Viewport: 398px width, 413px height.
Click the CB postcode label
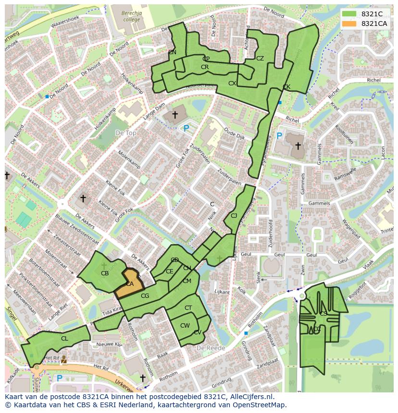pyautogui.click(x=105, y=273)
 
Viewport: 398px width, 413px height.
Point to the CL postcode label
pyautogui.click(x=64, y=338)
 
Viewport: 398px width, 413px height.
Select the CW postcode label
pyautogui.click(x=185, y=326)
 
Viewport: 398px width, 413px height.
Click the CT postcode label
pyautogui.click(x=188, y=308)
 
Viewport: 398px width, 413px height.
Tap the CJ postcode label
pyautogui.click(x=234, y=216)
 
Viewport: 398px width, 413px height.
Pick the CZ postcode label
pyautogui.click(x=260, y=59)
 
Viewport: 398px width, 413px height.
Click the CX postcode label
pyautogui.click(x=232, y=83)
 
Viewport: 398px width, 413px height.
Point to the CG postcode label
pyautogui.click(x=145, y=296)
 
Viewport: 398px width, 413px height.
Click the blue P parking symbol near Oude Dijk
pyautogui.click(x=186, y=128)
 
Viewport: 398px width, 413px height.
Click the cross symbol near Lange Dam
pyautogui.click(x=175, y=115)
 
